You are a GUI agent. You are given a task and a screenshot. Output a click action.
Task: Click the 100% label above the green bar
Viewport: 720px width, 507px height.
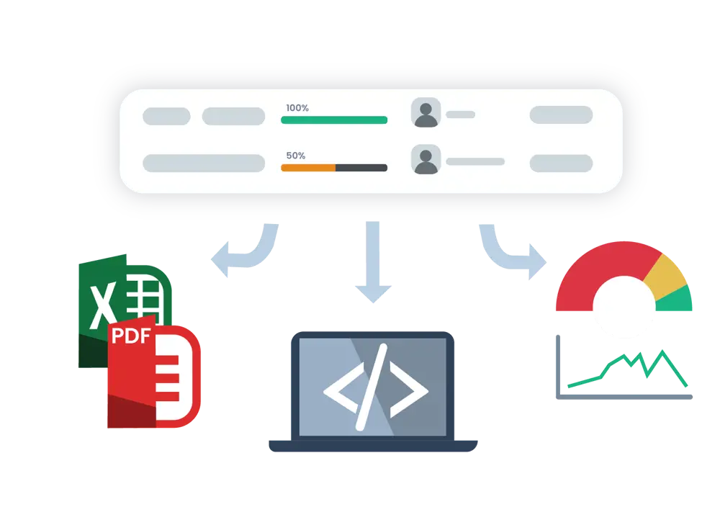click(x=297, y=108)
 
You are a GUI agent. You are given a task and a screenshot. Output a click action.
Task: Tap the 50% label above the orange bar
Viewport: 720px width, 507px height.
click(x=295, y=156)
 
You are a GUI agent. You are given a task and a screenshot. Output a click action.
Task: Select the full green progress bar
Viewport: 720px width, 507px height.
click(x=334, y=120)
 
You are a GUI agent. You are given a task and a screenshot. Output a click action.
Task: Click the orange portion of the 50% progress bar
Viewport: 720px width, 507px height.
click(x=308, y=168)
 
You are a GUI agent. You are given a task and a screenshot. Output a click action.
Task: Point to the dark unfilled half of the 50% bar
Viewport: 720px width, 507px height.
click(x=361, y=168)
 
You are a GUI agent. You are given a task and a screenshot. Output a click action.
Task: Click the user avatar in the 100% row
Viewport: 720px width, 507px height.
click(x=426, y=114)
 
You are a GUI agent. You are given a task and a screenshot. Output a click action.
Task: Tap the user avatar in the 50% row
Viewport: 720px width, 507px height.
click(x=426, y=160)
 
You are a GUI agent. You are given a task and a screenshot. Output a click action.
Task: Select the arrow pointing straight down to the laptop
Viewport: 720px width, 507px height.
click(x=373, y=266)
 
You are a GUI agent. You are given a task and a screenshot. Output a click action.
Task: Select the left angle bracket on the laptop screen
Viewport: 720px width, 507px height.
click(x=341, y=390)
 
